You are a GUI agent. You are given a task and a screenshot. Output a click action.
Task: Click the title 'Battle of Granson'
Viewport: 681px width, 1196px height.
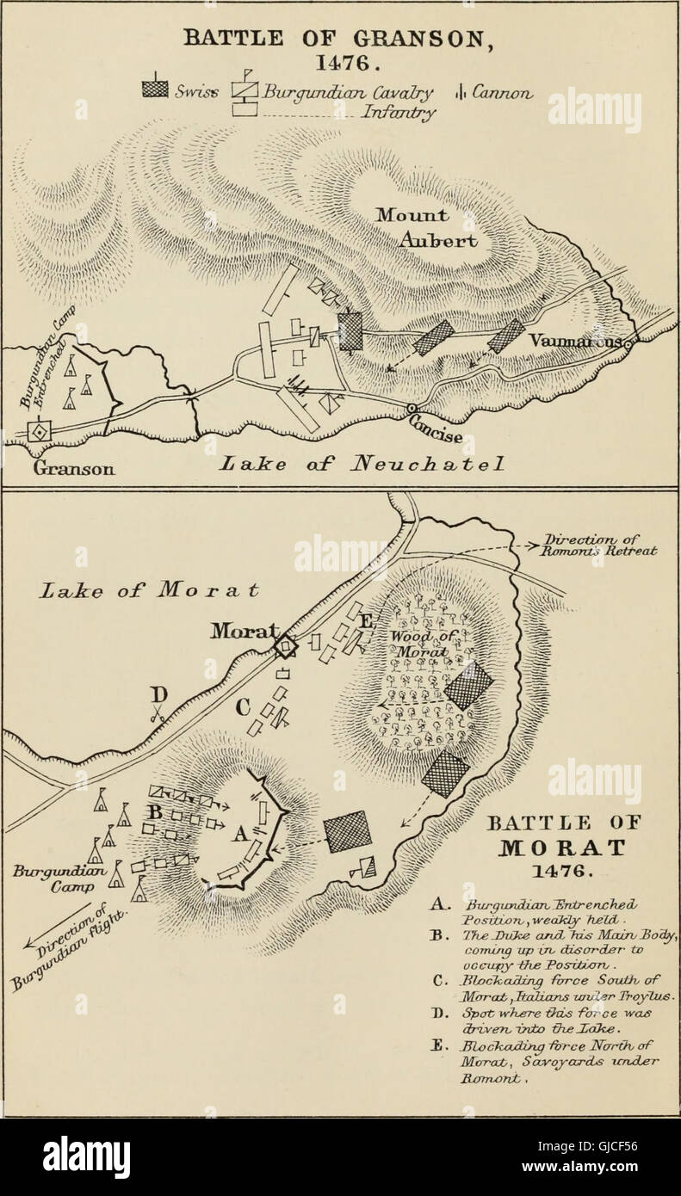coord(339,41)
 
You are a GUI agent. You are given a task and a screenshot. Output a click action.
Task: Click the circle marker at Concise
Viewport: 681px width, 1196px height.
coord(414,408)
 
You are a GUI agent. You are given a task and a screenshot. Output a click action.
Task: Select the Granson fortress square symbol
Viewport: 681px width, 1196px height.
coord(38,432)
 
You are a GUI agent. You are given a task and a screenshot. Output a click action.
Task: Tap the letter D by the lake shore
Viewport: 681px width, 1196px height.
coord(158,693)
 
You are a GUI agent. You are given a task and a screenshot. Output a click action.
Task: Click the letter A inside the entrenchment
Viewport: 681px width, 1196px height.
coord(241,832)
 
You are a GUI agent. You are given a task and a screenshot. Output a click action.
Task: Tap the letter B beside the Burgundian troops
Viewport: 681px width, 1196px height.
coord(157,811)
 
